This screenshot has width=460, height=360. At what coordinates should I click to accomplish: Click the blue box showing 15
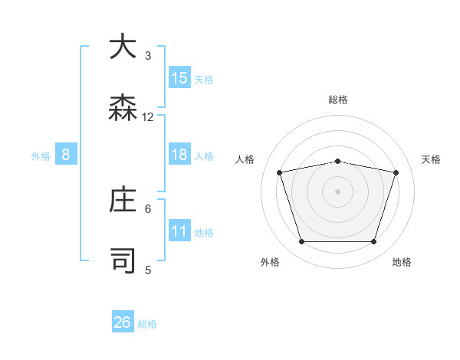point(179,78)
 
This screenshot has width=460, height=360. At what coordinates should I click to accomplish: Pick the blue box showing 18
point(179,155)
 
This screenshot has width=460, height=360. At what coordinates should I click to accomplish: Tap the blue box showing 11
point(179,231)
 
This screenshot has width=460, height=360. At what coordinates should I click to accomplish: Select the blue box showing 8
point(66,155)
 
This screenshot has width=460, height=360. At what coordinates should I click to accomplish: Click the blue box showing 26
point(123,322)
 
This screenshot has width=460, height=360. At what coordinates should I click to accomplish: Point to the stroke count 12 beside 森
point(148,116)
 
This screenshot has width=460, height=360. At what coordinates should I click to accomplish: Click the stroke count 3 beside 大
point(148,55)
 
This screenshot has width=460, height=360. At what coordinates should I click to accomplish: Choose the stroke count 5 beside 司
point(148,270)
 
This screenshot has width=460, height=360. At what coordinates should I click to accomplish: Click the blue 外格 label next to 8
point(41,156)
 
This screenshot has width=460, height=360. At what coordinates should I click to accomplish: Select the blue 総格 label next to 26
point(147,324)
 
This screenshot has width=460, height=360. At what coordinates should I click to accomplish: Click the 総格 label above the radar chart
point(338,100)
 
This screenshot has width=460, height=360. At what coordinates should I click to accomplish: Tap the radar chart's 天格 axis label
point(431,159)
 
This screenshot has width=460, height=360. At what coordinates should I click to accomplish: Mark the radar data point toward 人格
point(280,172)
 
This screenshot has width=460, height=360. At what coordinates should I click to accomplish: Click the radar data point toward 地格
point(373,242)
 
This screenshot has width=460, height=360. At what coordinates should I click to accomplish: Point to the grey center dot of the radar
point(338,191)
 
